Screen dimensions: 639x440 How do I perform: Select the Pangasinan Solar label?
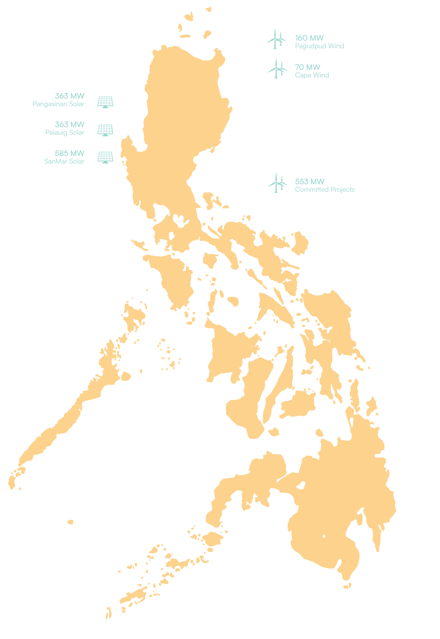click(59, 104)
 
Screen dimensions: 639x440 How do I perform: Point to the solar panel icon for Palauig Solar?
click(106, 130)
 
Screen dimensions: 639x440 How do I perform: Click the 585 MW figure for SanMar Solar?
click(69, 153)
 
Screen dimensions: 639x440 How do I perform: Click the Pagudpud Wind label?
click(319, 46)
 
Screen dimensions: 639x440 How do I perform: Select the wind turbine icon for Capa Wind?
click(277, 69)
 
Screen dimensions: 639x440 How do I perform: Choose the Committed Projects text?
click(324, 190)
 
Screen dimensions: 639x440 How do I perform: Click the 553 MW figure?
click(310, 181)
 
